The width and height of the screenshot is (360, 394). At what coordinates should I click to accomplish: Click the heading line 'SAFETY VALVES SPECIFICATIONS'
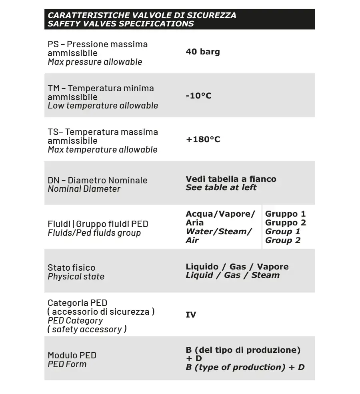point(120,24)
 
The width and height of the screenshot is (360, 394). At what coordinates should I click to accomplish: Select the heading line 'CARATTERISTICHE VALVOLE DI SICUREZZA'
point(142,15)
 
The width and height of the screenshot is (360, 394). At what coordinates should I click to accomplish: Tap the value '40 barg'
point(203,52)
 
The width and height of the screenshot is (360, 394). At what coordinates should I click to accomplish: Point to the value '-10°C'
point(198,96)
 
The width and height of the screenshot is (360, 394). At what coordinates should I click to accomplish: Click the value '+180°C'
point(203,139)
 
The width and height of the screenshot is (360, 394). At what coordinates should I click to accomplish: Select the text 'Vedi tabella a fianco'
point(231,179)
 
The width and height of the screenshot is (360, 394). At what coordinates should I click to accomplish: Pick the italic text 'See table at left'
point(221,187)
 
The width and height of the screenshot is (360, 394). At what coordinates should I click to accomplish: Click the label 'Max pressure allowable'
point(95,62)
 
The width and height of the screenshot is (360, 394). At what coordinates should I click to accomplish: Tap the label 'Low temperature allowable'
point(103,106)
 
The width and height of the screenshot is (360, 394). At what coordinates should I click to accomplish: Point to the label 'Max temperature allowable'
point(102,150)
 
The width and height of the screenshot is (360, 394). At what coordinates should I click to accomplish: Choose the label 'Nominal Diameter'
point(84,189)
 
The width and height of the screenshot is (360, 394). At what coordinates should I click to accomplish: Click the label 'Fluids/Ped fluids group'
point(94,233)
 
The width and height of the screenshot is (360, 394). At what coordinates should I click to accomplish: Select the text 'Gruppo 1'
point(285,214)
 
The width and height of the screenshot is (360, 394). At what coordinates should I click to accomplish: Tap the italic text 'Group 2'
point(282,240)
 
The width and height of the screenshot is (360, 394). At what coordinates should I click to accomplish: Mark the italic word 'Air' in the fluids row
point(192,240)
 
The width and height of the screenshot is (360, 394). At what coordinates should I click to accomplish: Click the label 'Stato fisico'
point(71,267)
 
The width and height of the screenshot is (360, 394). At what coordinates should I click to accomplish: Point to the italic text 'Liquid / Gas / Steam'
point(232,275)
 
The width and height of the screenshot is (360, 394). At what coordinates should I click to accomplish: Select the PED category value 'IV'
point(191,315)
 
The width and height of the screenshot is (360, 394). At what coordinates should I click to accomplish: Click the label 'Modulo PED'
point(72,355)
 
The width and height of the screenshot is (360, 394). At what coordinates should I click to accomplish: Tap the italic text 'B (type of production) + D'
point(245,367)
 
